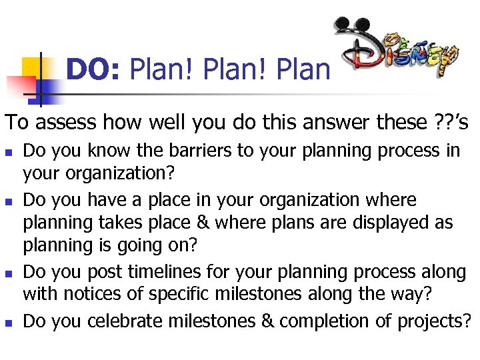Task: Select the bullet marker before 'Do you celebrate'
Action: coord(9,322)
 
